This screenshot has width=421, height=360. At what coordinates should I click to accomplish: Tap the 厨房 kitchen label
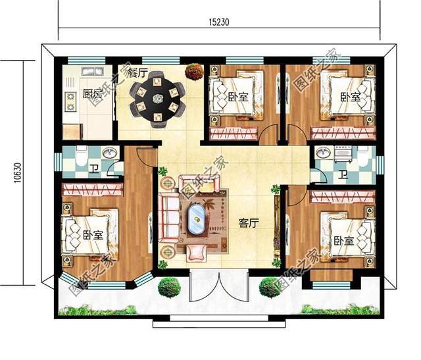click(x=92, y=93)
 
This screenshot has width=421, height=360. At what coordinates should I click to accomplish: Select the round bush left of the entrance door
click(x=170, y=287)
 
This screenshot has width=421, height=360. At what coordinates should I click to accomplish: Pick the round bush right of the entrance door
click(x=270, y=287)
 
